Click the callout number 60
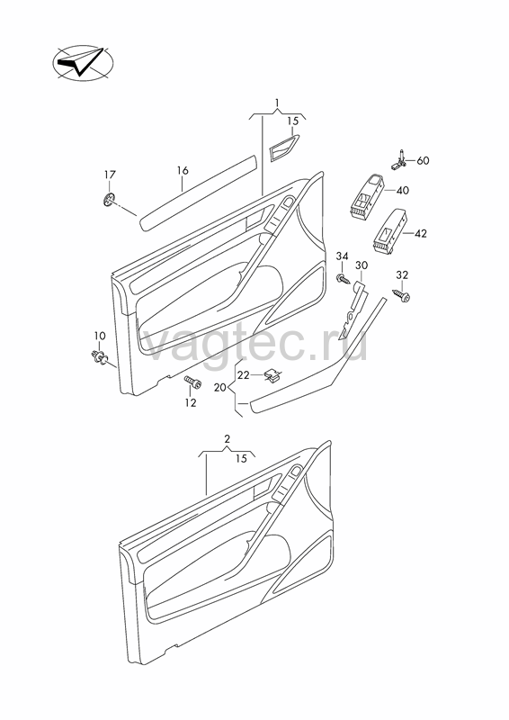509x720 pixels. [x=423, y=161]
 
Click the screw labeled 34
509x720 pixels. [x=343, y=278]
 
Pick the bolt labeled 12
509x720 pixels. [x=192, y=382]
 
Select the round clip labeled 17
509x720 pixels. [x=108, y=199]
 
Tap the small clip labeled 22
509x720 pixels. [x=273, y=376]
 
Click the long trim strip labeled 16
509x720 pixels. [x=198, y=193]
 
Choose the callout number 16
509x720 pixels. [x=183, y=171]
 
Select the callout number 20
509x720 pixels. [x=219, y=388]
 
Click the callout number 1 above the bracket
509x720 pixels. [x=277, y=102]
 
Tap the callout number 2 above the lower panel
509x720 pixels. [x=228, y=439]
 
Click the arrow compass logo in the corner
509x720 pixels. [x=83, y=64]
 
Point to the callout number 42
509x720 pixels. [x=420, y=234]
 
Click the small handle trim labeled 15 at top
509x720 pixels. [x=283, y=148]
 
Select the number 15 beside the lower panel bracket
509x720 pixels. [x=241, y=458]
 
